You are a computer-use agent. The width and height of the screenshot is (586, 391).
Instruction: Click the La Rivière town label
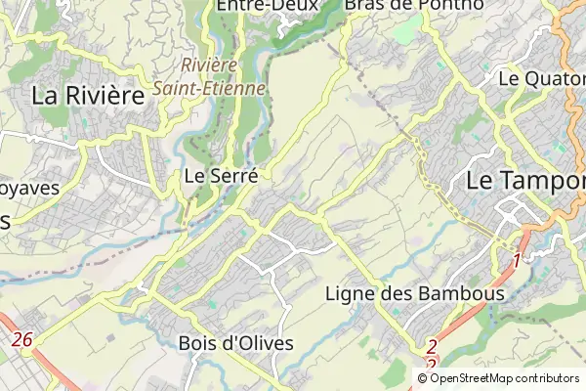[88, 95]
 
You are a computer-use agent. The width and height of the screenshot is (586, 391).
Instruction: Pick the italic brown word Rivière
[209, 65]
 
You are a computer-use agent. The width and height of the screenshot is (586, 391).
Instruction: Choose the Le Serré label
[221, 177]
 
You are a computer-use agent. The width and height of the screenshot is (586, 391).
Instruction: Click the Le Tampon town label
[525, 181]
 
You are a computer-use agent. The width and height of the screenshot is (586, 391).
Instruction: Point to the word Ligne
[347, 293]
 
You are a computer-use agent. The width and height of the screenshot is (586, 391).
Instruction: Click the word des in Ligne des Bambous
[399, 293]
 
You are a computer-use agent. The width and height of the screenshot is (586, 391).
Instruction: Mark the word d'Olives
[259, 344]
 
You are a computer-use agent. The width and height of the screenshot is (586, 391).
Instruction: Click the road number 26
[22, 339]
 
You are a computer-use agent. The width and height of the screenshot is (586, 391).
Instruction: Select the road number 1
[517, 262]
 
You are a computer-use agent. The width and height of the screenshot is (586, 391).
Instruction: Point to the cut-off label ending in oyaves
[29, 188]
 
